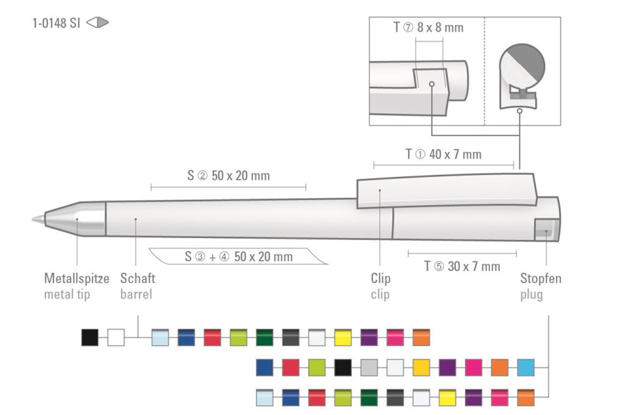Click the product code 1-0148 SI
coord(56,23)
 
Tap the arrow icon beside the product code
coord(97,22)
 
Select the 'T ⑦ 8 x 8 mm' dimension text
coord(428,27)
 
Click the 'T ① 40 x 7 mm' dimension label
coord(443,154)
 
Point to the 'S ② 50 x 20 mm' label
coord(228,176)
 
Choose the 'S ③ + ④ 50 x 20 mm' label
coord(239,257)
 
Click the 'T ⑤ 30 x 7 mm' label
coord(462,266)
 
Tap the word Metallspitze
coord(77,278)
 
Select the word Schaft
coord(138,278)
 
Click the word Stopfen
coord(541,278)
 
